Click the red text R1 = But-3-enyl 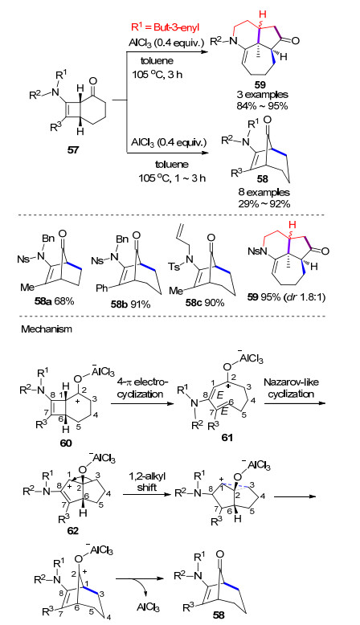(x=166, y=27)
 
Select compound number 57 (x=73, y=151)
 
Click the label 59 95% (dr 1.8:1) (x=286, y=297)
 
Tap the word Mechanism (x=47, y=329)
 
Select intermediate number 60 (x=66, y=443)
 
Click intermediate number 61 (x=227, y=437)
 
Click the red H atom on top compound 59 (x=262, y=14)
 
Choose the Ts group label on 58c (x=174, y=266)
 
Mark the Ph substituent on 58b (x=102, y=288)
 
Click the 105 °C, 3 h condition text (x=157, y=74)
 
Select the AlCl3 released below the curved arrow (x=149, y=607)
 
